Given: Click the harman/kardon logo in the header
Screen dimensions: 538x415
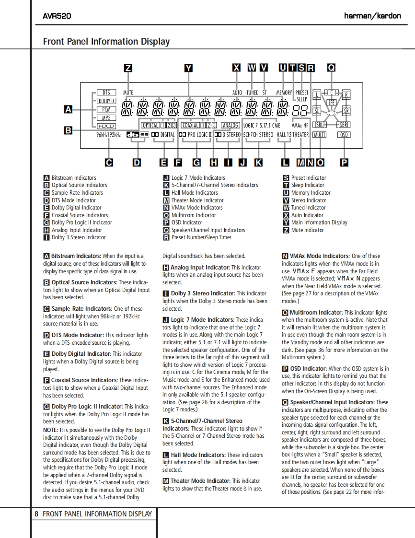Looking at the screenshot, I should click(372, 16).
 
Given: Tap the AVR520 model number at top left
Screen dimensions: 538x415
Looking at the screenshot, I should click(57, 16).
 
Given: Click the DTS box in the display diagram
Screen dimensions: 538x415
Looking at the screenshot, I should click(106, 93).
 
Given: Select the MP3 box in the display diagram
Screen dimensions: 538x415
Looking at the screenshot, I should click(106, 117).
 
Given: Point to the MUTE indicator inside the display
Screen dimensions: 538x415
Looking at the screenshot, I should click(128, 93).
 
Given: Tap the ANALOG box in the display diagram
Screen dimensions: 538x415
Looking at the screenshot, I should click(231, 126).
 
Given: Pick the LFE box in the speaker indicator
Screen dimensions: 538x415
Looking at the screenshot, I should click(331, 102).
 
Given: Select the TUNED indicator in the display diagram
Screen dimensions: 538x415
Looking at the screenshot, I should click(252, 93).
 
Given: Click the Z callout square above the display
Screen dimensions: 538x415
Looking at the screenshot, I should click(128, 68).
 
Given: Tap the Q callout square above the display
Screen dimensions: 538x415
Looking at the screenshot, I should click(331, 68).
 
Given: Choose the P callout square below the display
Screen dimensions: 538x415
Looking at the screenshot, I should click(344, 163).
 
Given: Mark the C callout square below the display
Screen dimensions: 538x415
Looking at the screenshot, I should click(109, 163).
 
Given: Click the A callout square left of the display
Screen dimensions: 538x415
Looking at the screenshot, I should click(68, 110).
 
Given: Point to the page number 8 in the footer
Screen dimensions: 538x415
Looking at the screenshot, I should click(36, 514).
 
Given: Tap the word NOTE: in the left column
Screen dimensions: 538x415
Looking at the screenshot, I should click(51, 430).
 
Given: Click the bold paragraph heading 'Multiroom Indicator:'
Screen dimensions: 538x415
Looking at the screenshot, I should click(316, 313).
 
